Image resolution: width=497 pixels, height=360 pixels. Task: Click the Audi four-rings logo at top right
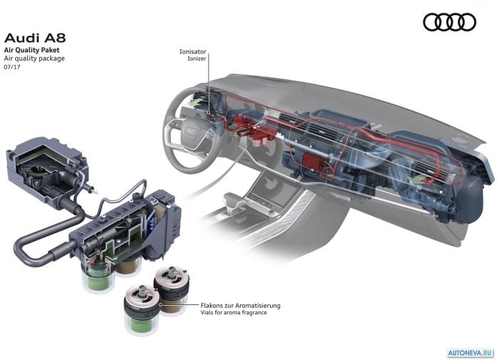[x=449, y=22]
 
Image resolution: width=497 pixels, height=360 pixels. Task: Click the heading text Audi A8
[x=35, y=38]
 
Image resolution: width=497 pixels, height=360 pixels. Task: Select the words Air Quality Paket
[x=31, y=50]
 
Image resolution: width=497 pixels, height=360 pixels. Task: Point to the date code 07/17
[x=12, y=67]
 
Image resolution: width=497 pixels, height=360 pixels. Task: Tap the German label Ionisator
[x=193, y=51]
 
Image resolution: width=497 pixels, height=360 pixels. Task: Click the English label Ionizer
[x=197, y=59]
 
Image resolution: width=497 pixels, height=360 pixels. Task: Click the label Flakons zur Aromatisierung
[x=241, y=306]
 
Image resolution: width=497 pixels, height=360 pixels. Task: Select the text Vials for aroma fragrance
[x=234, y=312]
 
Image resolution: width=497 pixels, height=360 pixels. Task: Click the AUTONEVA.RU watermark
[x=471, y=353]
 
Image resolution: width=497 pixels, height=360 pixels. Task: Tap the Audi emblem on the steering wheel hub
[x=191, y=131]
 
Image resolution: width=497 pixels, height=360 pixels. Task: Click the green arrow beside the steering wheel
[x=195, y=102]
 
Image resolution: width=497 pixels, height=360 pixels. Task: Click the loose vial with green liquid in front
[x=141, y=310]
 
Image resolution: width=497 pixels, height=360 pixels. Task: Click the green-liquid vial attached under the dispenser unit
[x=98, y=275]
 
